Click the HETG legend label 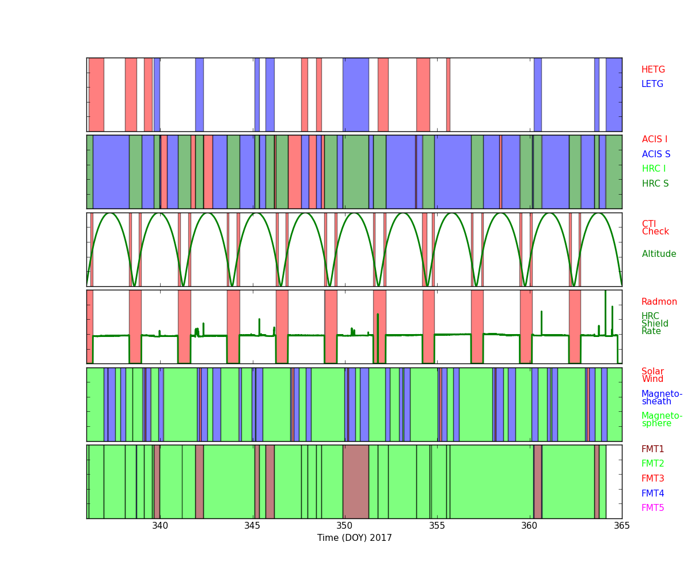pyautogui.click(x=653, y=70)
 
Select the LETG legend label pyautogui.click(x=652, y=84)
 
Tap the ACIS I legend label pyautogui.click(x=655, y=139)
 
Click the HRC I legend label pyautogui.click(x=654, y=169)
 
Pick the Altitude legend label pyautogui.click(x=659, y=254)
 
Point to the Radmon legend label pyautogui.click(x=659, y=302)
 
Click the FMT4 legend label pyautogui.click(x=653, y=494)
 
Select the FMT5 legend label pyautogui.click(x=653, y=508)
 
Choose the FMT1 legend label pyautogui.click(x=653, y=449)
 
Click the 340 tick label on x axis pyautogui.click(x=160, y=526)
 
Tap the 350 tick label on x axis pyautogui.click(x=344, y=526)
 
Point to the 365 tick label pyautogui.click(x=622, y=526)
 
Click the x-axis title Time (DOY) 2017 pyautogui.click(x=354, y=538)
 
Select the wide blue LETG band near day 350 pyautogui.click(x=355, y=94)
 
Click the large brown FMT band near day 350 pyautogui.click(x=355, y=482)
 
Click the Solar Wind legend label pyautogui.click(x=652, y=375)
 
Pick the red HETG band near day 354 pyautogui.click(x=423, y=94)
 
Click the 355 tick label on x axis pyautogui.click(x=437, y=526)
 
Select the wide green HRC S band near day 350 pyautogui.click(x=355, y=172)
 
